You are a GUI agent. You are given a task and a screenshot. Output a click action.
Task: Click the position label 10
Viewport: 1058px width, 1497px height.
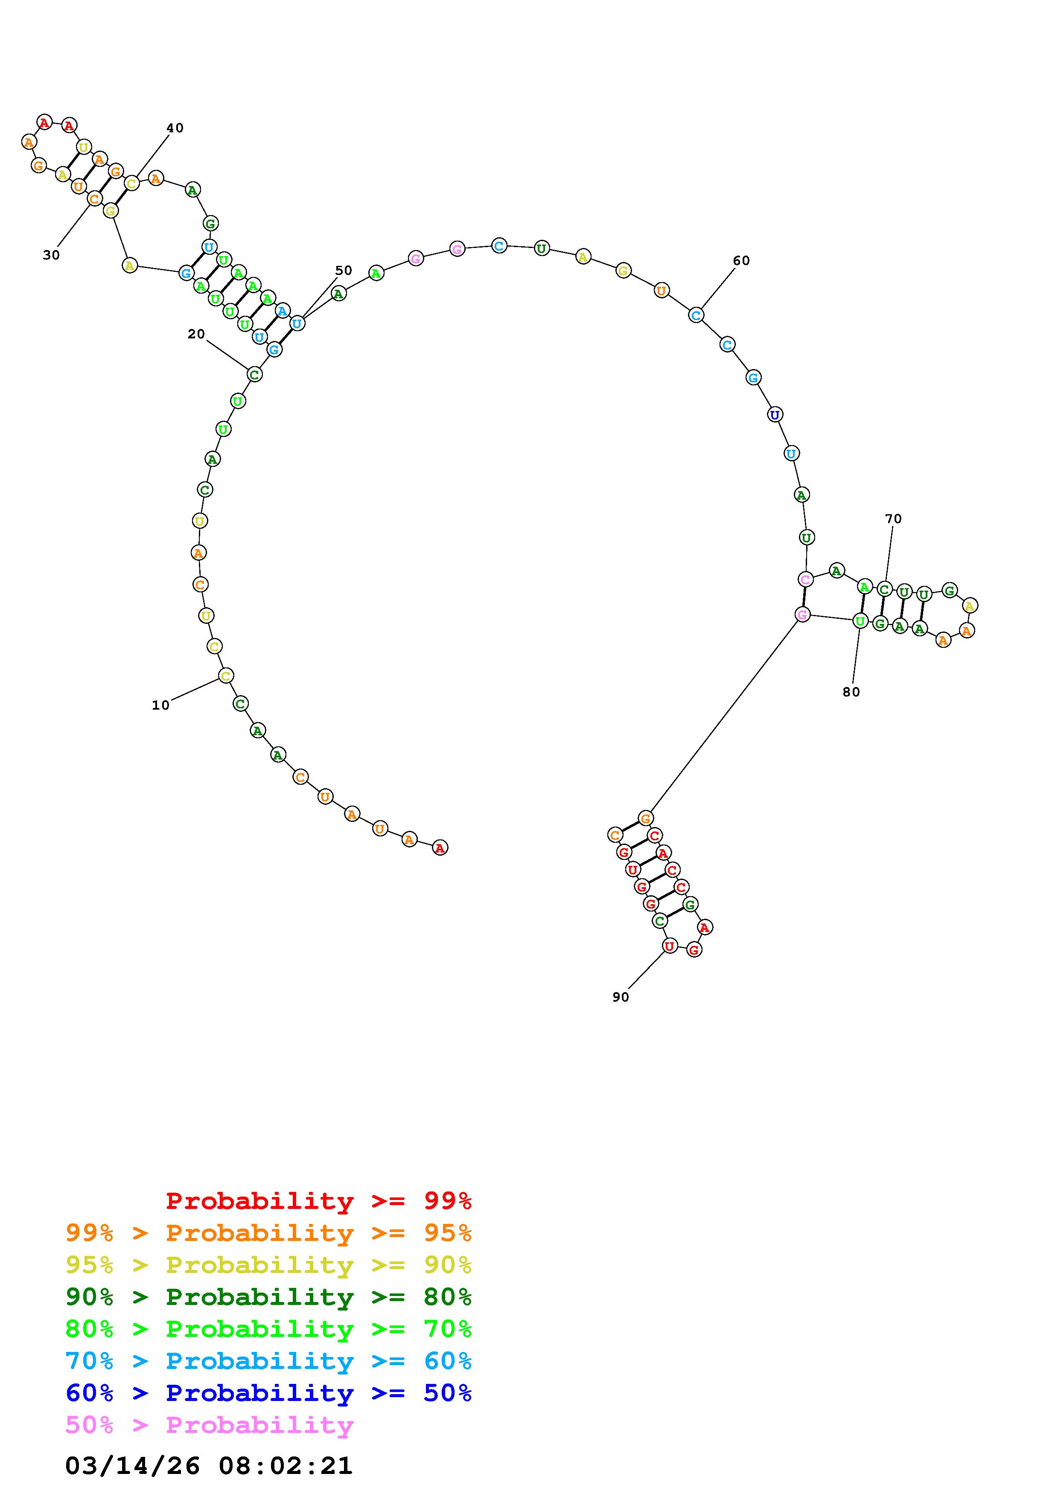coord(160,705)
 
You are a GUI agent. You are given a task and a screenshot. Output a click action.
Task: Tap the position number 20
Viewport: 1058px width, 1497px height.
coord(196,334)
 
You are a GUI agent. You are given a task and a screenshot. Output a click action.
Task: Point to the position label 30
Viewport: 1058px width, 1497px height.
coord(52,255)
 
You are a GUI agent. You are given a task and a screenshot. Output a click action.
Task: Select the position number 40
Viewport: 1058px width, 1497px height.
coord(175,128)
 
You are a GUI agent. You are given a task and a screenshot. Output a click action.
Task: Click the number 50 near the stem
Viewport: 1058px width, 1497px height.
coord(344,270)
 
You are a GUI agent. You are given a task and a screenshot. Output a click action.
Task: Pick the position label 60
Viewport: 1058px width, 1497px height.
coord(741,261)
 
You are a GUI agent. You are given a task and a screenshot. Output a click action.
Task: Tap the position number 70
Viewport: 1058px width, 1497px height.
coord(893,518)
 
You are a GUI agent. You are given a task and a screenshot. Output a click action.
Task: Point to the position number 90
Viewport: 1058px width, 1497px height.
coord(621,997)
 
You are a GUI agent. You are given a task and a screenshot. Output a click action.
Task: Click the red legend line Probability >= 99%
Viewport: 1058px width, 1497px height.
coord(319,1201)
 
